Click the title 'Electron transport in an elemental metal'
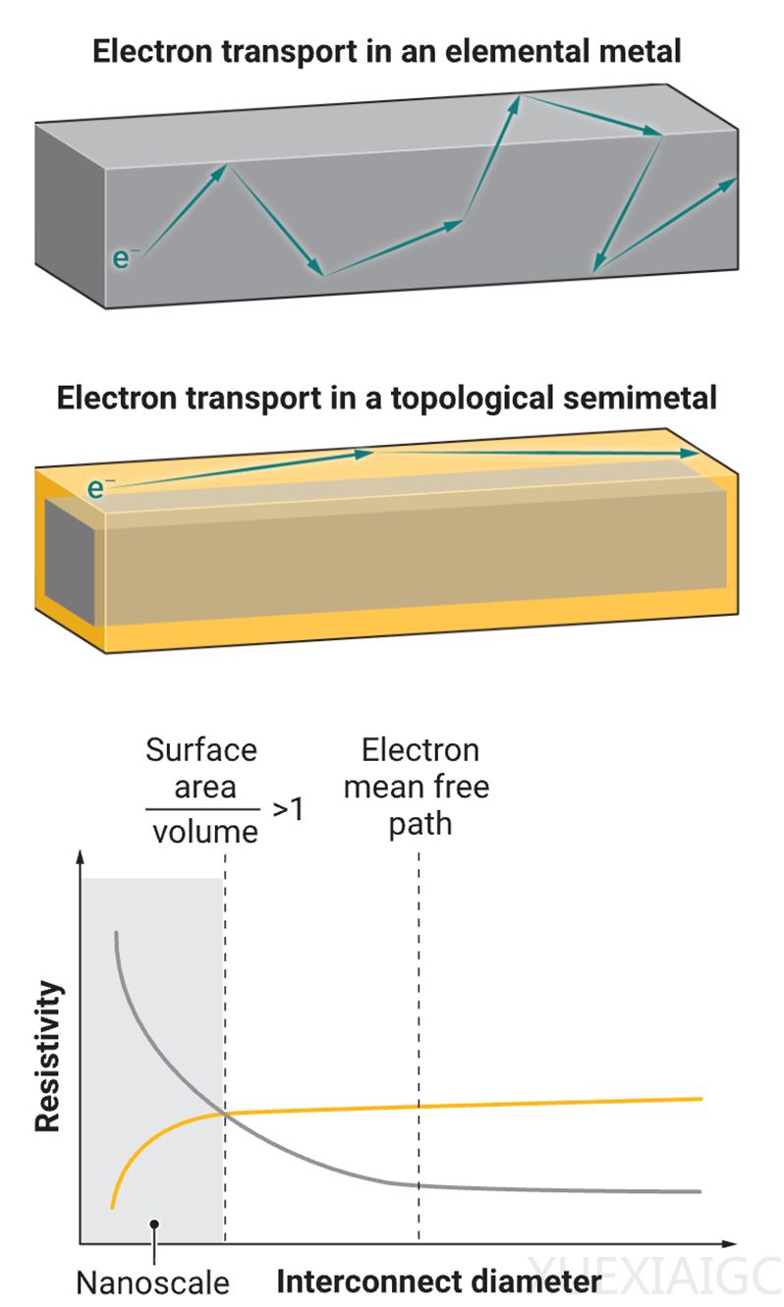pos(386,51)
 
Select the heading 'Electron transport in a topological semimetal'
pos(386,399)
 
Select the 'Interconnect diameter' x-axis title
pos(438,1281)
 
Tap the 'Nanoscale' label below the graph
pos(152,1282)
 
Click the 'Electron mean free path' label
pos(420,787)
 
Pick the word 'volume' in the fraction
pos(205,832)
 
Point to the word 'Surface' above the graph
pos(201,750)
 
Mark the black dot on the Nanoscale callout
pos(154,1224)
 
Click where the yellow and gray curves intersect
pos(225,1114)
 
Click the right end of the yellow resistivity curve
pos(700,1099)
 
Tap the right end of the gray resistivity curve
pos(700,1191)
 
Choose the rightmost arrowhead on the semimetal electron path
pos(689,455)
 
